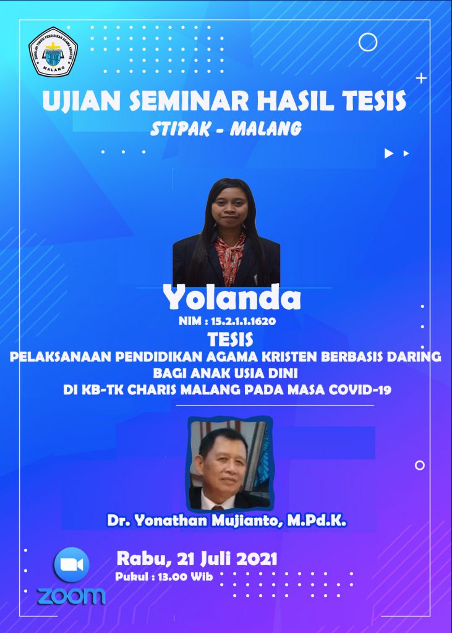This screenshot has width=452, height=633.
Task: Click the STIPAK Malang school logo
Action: pyautogui.click(x=53, y=52)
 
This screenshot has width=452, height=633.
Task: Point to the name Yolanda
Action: pyautogui.click(x=232, y=298)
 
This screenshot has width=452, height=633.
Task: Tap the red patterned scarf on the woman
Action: pyautogui.click(x=229, y=258)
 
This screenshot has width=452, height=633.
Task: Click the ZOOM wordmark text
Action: pyautogui.click(x=72, y=597)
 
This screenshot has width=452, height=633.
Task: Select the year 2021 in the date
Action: pyautogui.click(x=257, y=559)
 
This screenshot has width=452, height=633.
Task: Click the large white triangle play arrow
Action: pyautogui.click(x=388, y=153)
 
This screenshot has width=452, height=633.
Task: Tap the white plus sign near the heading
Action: pyautogui.click(x=421, y=79)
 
